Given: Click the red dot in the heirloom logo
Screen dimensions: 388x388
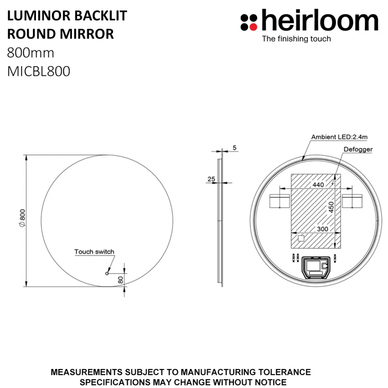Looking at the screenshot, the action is click(253, 27).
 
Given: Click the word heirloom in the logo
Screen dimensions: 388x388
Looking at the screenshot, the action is click(320, 20).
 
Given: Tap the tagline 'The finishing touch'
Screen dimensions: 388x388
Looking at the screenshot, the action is click(297, 39).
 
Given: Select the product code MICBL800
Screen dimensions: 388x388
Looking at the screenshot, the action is click(39, 71).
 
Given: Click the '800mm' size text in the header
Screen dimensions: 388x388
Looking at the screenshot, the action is click(30, 53).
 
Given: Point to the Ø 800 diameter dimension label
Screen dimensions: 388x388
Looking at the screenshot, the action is click(22, 218).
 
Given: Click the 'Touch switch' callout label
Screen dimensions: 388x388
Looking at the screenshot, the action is click(94, 252).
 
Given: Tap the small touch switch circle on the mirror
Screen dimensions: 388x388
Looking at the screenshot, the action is click(107, 273).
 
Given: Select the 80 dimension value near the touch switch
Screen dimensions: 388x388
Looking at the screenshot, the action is click(120, 280).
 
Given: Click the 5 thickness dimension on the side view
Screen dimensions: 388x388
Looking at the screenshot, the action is click(235, 148).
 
